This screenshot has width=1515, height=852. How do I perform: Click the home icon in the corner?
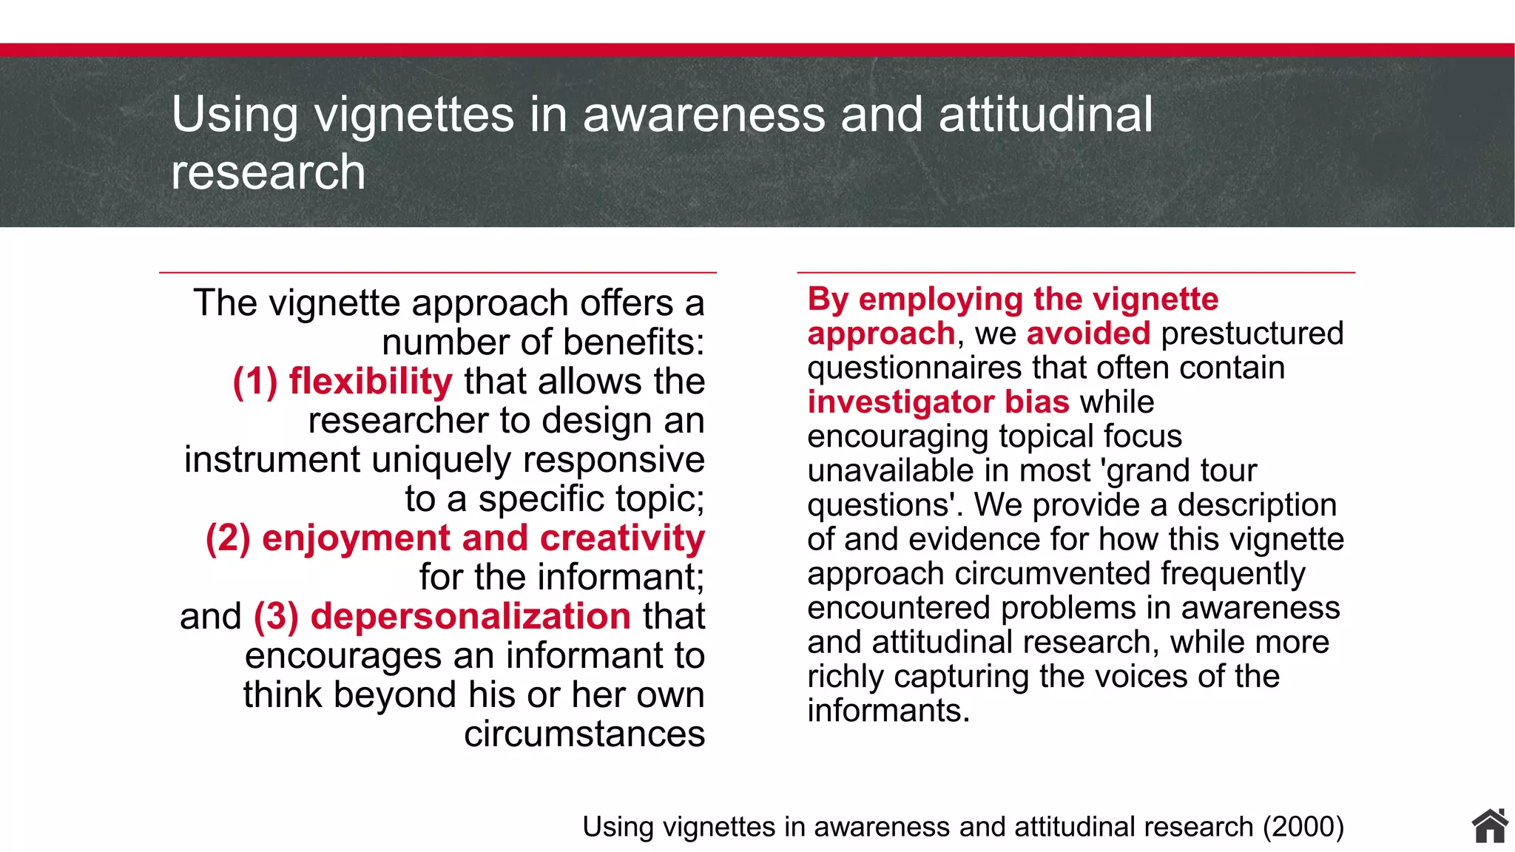tap(1490, 826)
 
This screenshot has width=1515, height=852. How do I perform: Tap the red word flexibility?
tap(370, 382)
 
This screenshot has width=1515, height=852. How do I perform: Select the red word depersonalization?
tap(470, 617)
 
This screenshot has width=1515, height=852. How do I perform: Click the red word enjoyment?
tap(355, 538)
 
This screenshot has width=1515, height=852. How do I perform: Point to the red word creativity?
tap(622, 538)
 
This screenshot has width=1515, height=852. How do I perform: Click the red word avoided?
tap(1088, 334)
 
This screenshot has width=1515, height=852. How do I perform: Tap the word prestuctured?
tap(1252, 334)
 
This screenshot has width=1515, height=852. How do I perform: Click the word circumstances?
tap(584, 734)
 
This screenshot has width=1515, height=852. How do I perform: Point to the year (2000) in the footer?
tap(1303, 827)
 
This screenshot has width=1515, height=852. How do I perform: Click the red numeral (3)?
tap(276, 617)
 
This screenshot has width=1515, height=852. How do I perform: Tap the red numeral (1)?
tap(254, 382)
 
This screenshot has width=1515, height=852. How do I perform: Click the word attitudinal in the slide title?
tap(1045, 115)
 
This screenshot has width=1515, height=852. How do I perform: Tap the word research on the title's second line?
tap(268, 172)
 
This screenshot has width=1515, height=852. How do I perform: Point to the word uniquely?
tap(441, 460)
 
